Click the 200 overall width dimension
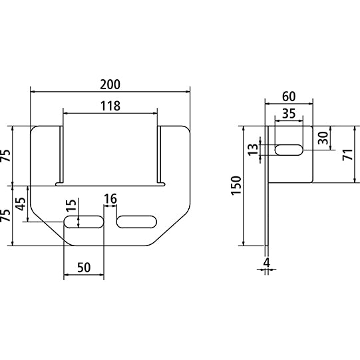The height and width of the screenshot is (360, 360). pyautogui.click(x=110, y=85)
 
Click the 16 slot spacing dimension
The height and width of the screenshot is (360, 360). pyautogui.click(x=110, y=199)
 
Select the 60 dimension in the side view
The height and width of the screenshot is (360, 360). pyautogui.click(x=289, y=95)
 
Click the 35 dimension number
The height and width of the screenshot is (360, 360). pyautogui.click(x=288, y=114)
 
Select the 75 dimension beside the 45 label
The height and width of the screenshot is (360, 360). pyautogui.click(x=5, y=216)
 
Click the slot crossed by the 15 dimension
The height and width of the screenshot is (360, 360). pyautogui.click(x=84, y=222)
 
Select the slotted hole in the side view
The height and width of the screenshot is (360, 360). pyautogui.click(x=288, y=150)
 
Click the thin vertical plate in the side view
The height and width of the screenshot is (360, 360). pyautogui.click(x=267, y=213)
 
